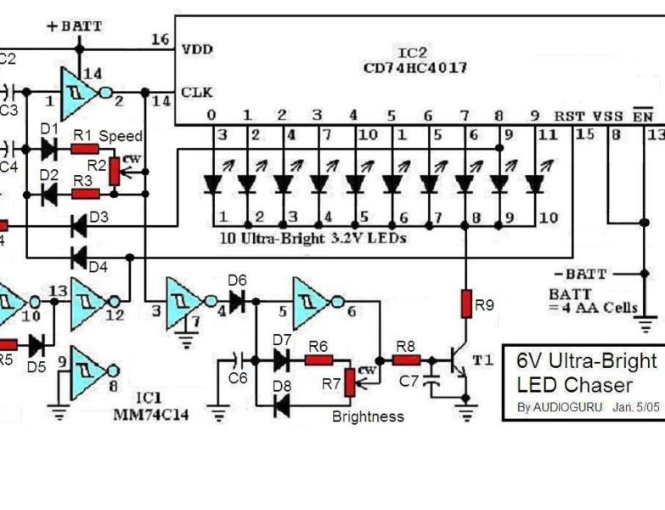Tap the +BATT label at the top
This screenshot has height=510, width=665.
tap(75, 26)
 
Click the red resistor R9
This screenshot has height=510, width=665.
tap(466, 303)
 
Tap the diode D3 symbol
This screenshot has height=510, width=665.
tap(81, 226)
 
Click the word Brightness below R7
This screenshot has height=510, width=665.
tap(368, 416)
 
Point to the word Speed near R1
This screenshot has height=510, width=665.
tap(121, 136)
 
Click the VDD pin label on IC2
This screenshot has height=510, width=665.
tap(196, 49)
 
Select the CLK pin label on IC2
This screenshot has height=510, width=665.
tap(196, 92)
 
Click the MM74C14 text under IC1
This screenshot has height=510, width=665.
tap(150, 414)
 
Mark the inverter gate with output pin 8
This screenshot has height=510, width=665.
tap(91, 365)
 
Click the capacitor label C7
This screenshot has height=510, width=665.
tap(409, 381)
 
